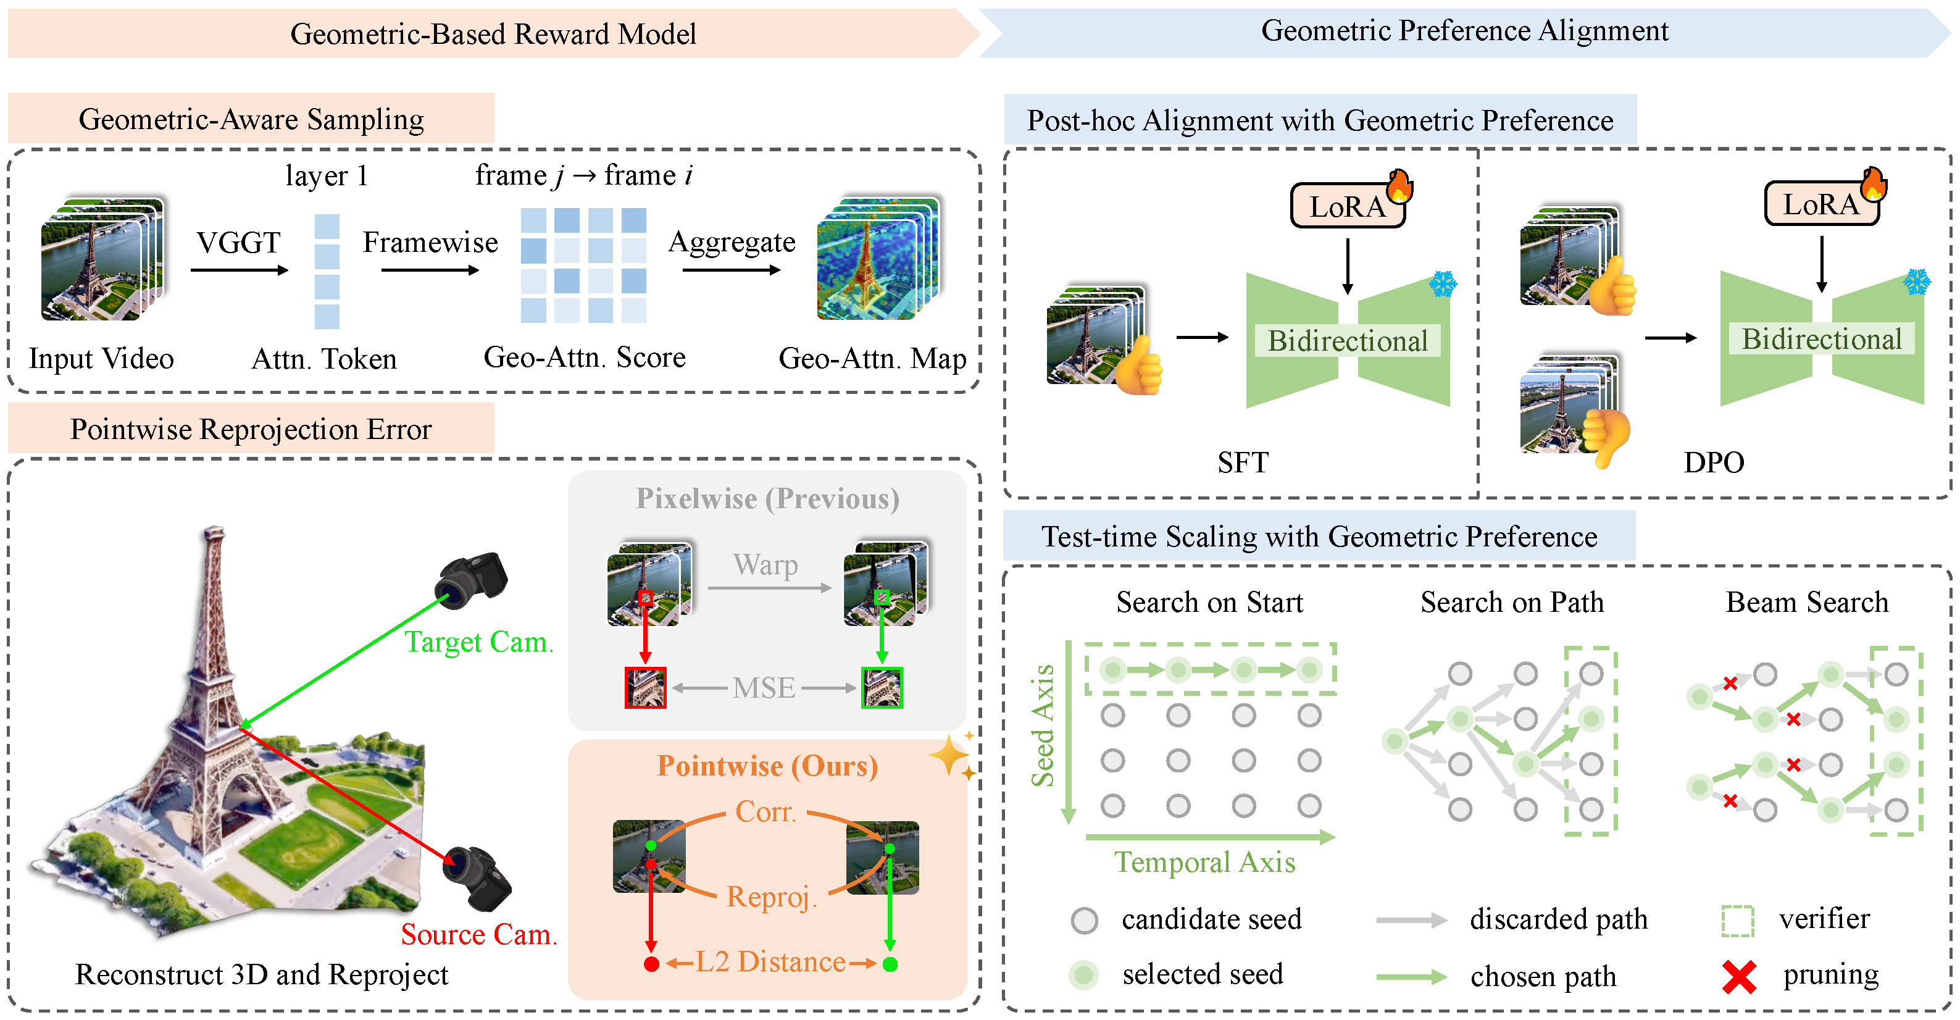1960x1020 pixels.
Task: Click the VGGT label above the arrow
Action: pos(238,243)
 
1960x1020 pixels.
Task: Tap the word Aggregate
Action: pos(731,242)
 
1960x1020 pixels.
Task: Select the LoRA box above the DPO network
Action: pos(1820,204)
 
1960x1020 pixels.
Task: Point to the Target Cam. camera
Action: pos(471,580)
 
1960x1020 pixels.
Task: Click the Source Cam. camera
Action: pos(478,877)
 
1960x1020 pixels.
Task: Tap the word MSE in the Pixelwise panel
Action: pos(763,688)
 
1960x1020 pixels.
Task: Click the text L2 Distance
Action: pos(770,962)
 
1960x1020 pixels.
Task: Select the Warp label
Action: pos(765,565)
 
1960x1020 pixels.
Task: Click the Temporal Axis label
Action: pos(1204,863)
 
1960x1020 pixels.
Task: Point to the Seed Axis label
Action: pos(1043,725)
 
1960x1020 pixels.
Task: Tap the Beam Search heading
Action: pos(1806,602)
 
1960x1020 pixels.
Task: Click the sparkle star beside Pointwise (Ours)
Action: pos(949,756)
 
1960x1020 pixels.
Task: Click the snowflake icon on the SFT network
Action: pos(1442,285)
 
